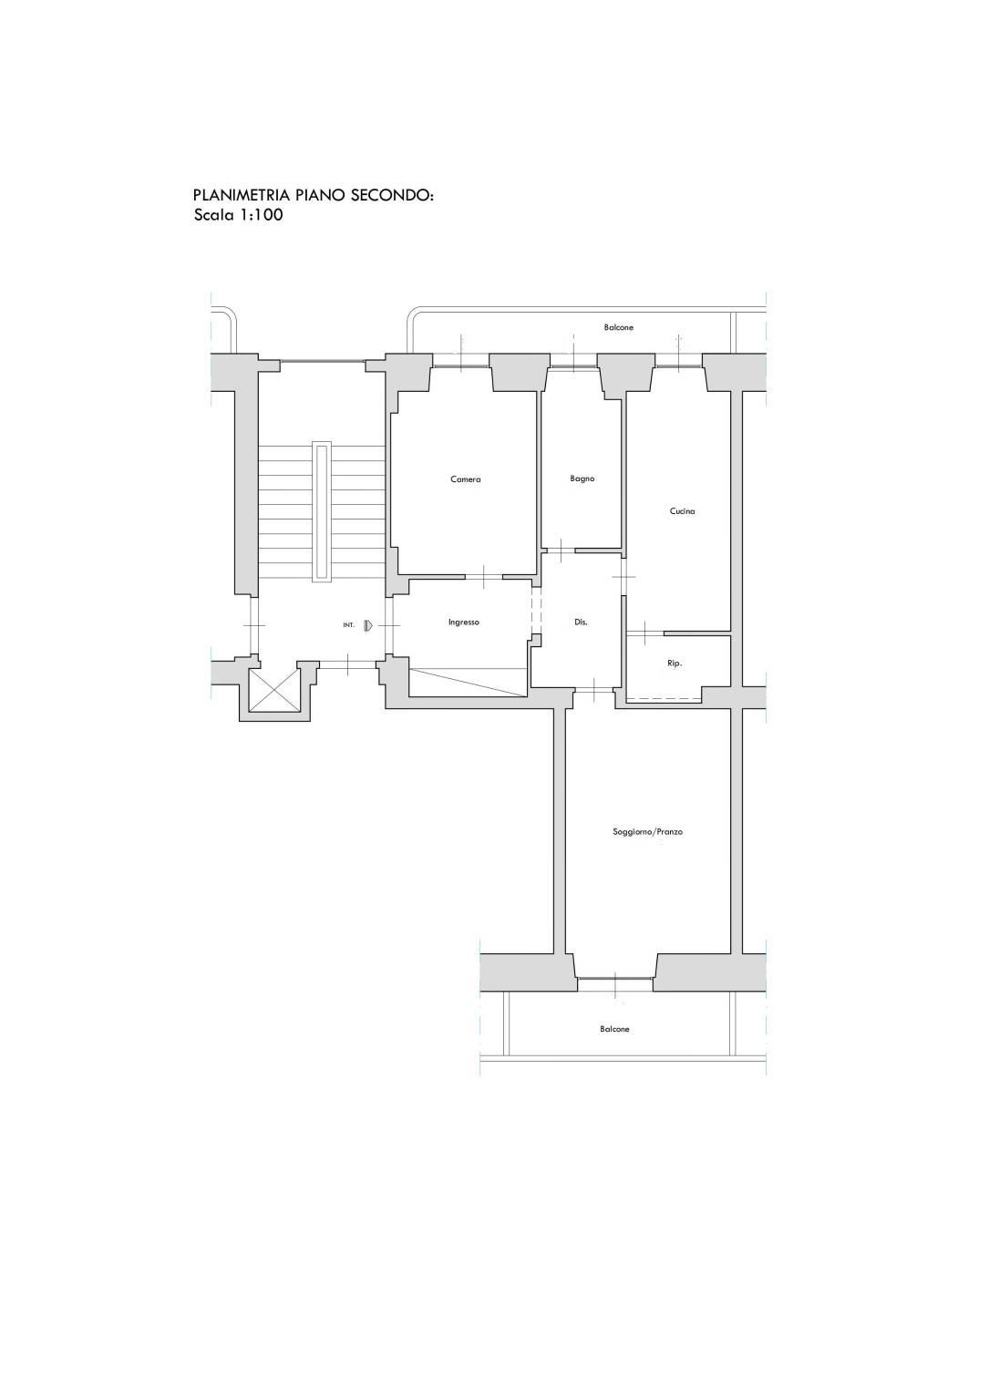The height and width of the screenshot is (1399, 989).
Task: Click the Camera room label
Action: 466,479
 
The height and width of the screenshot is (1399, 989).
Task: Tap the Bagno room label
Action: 582,479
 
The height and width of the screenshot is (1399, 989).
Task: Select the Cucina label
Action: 682,511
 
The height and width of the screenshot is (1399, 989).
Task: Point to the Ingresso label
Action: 464,622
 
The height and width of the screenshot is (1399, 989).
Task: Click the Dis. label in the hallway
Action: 581,622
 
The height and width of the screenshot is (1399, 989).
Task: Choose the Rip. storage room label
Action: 675,663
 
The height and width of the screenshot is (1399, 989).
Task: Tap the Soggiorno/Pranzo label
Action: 647,832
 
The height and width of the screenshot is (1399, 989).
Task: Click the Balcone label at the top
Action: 619,327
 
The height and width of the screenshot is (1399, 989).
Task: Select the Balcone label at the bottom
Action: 614,1029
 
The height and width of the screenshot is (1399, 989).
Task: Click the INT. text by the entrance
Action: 348,625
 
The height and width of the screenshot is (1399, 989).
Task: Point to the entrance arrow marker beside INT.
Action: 368,624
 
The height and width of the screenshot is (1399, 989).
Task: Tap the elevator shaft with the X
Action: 275,690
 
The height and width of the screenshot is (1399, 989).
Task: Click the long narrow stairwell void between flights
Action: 323,512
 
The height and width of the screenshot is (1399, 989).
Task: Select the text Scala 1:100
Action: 239,215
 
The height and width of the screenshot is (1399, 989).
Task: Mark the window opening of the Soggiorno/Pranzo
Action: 615,985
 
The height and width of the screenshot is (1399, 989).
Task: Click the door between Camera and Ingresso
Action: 484,577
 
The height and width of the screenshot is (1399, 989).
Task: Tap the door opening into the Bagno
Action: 561,550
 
